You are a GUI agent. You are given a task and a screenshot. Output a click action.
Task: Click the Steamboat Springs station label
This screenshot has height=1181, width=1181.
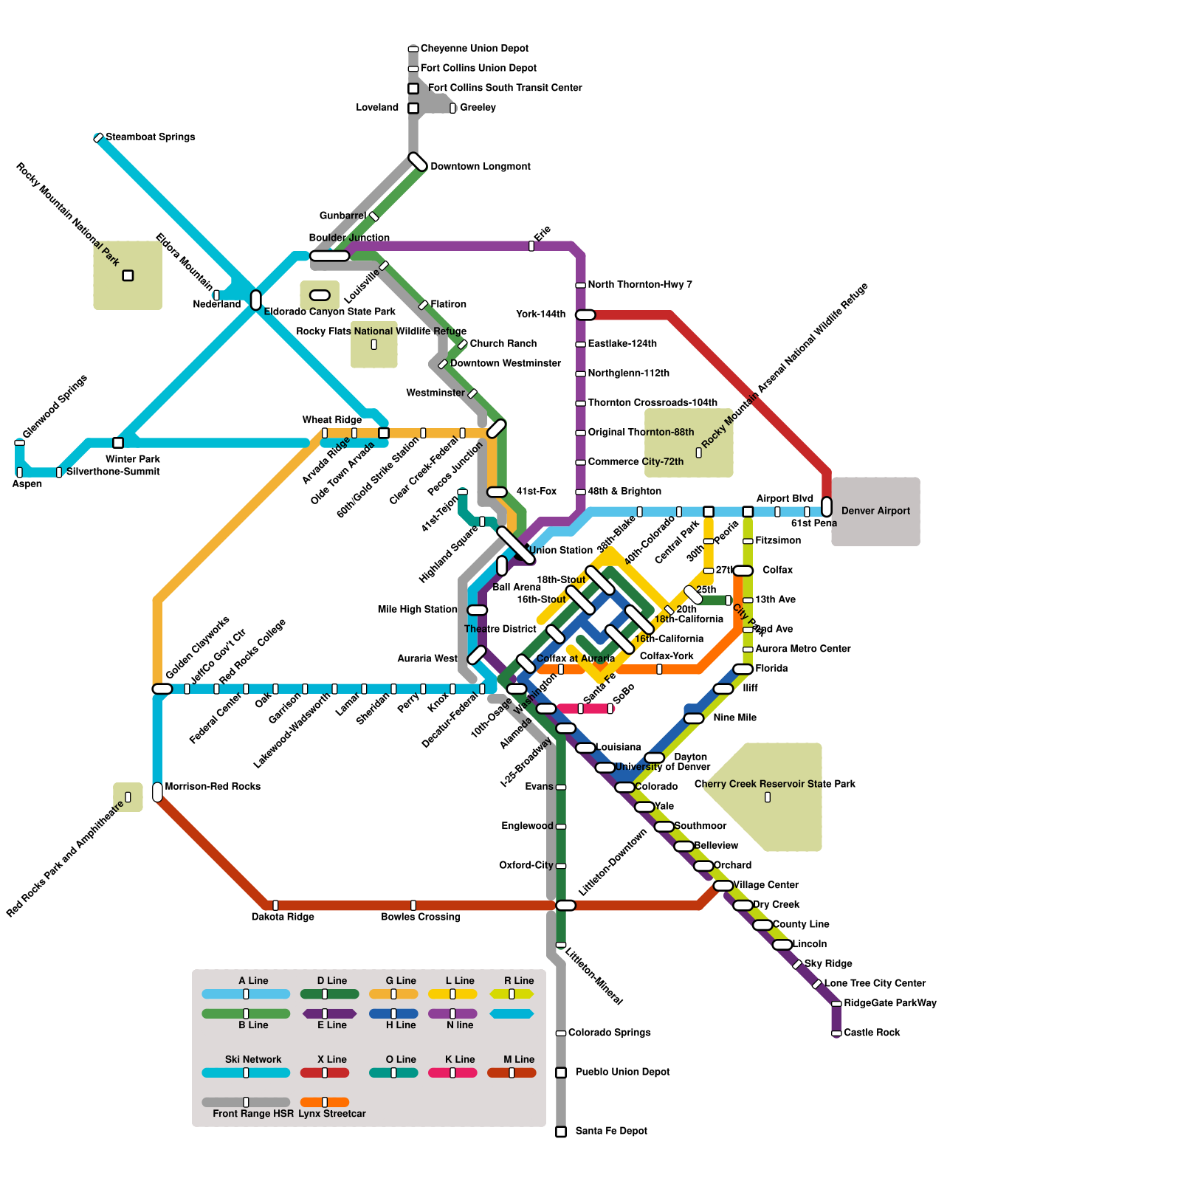coord(150,137)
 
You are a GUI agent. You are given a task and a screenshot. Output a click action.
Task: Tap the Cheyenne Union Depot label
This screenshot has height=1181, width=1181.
coord(474,49)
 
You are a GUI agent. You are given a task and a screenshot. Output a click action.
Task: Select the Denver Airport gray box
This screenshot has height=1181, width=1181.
coord(875,511)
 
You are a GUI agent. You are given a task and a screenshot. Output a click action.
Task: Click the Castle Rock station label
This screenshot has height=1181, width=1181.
coord(872,1033)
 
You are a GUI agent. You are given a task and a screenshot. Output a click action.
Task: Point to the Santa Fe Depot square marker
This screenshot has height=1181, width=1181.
coord(561,1132)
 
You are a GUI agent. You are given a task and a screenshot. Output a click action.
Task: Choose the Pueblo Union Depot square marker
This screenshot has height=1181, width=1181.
coord(561,1072)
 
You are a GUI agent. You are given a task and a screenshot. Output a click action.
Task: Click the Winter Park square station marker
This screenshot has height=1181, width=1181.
coord(118,443)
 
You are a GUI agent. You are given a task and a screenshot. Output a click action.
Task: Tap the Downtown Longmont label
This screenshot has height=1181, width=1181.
coord(480,167)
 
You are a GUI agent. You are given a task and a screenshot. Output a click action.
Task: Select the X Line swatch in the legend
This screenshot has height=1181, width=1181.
coord(325,1072)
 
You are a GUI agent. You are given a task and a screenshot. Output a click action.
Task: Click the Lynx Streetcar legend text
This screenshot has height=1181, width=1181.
coord(332,1114)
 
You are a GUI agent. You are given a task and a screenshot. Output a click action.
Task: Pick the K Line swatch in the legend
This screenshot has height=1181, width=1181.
coord(452,1072)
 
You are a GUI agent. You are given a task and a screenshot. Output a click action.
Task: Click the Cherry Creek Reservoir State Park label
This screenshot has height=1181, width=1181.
coord(774,784)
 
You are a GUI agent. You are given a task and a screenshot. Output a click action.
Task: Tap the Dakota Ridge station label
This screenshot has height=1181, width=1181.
coord(283,917)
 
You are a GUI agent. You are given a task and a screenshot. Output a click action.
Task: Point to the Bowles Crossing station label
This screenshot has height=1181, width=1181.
coord(421,917)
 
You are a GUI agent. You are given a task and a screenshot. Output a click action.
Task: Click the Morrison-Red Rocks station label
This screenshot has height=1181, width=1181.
coord(213,787)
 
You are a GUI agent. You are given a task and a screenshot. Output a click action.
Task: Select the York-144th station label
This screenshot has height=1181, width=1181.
coord(541,314)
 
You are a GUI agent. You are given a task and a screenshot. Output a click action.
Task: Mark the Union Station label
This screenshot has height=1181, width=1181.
coord(561,551)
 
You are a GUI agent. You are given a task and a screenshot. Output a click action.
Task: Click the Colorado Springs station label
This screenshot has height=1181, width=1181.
coord(609,1033)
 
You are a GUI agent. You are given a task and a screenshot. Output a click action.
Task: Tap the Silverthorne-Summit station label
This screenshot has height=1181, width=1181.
coord(113,472)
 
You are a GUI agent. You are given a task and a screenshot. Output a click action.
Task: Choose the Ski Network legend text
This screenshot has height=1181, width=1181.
coord(253,1060)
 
